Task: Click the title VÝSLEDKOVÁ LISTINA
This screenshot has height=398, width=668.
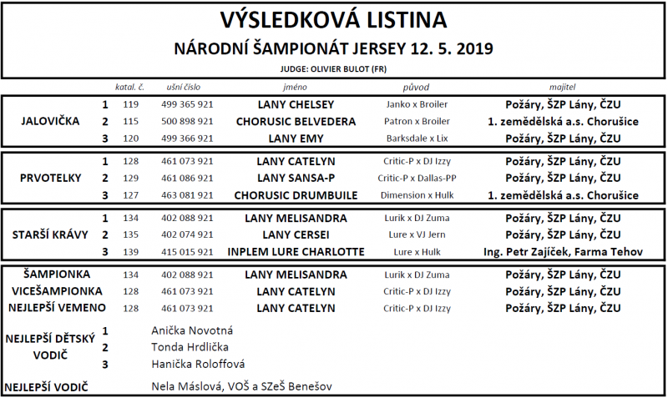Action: click(333, 19)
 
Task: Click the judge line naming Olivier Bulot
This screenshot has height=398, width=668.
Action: click(334, 69)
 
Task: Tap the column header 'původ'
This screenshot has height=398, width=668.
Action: click(417, 87)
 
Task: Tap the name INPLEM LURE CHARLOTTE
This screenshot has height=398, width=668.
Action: click(296, 251)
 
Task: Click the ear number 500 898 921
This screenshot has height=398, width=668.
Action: click(186, 122)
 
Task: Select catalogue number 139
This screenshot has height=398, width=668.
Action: click(130, 251)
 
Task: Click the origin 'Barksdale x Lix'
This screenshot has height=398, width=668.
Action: click(417, 139)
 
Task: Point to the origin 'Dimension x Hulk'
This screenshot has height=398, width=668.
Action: click(417, 195)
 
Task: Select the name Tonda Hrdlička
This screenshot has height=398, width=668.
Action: click(190, 346)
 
